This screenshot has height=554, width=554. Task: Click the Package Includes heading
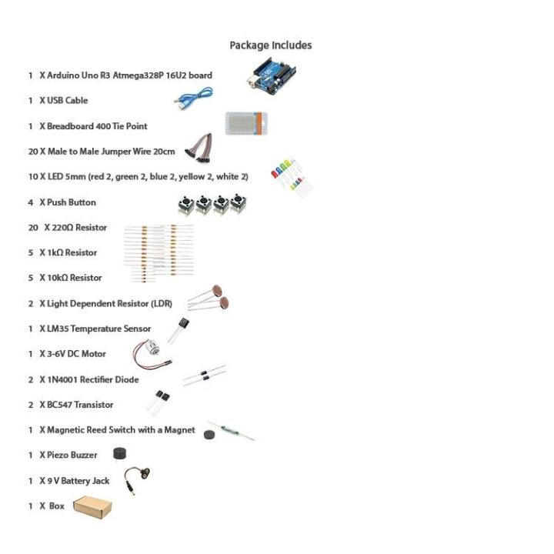pos(271,45)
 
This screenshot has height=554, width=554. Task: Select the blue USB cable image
pos(193,97)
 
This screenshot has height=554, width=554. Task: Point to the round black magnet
pos(208,435)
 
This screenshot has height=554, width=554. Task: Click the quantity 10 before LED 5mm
pos(33,177)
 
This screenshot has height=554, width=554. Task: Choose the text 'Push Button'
pos(72,202)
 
